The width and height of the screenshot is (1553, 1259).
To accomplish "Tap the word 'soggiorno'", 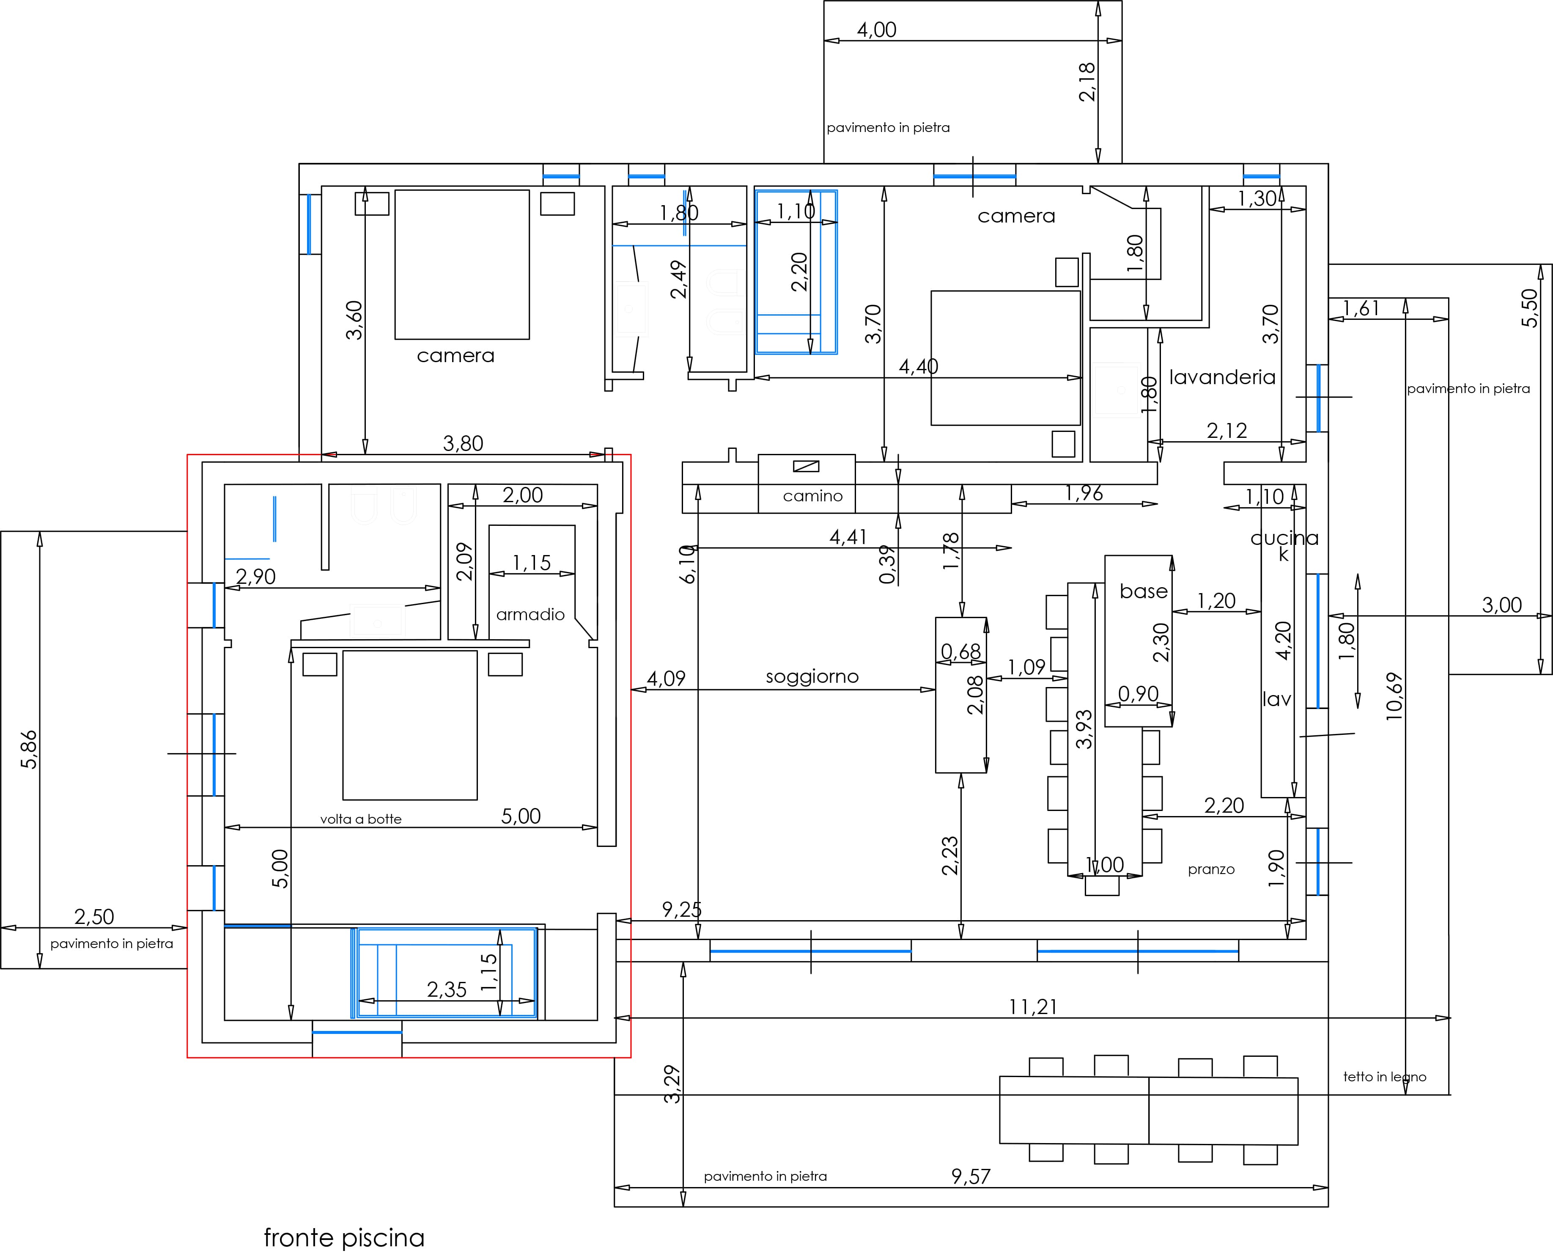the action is (x=812, y=676).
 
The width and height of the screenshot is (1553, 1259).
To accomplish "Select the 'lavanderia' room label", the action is (x=1222, y=377).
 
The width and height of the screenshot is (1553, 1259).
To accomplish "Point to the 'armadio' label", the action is (x=530, y=614).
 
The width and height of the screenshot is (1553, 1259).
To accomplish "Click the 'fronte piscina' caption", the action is (x=344, y=1237).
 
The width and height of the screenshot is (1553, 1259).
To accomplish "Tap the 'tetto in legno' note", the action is (x=1384, y=1077).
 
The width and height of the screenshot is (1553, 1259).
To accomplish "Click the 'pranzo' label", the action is (x=1211, y=869).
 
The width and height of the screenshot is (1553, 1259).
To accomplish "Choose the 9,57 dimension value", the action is (x=971, y=1177).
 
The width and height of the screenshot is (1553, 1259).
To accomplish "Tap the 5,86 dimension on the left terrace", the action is (x=28, y=749).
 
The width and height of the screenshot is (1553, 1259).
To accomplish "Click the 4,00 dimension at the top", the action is (x=877, y=30).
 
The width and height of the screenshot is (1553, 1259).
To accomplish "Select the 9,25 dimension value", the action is (x=681, y=910).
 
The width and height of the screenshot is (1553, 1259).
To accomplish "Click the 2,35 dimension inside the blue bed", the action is (x=447, y=989).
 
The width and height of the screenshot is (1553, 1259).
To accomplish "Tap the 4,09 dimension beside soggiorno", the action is (x=666, y=679).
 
